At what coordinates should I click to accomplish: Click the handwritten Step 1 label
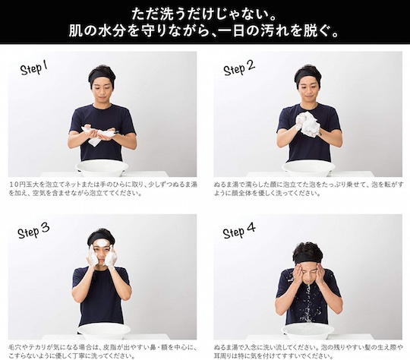33,68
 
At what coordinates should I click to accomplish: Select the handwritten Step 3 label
33,231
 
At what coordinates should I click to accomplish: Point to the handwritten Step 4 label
239,230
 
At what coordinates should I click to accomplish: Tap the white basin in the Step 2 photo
308,169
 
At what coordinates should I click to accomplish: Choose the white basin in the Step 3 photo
104,332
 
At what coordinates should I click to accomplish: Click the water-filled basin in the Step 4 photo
308,332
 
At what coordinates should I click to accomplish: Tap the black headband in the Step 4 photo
308,257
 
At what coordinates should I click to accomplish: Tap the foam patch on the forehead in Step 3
102,244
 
